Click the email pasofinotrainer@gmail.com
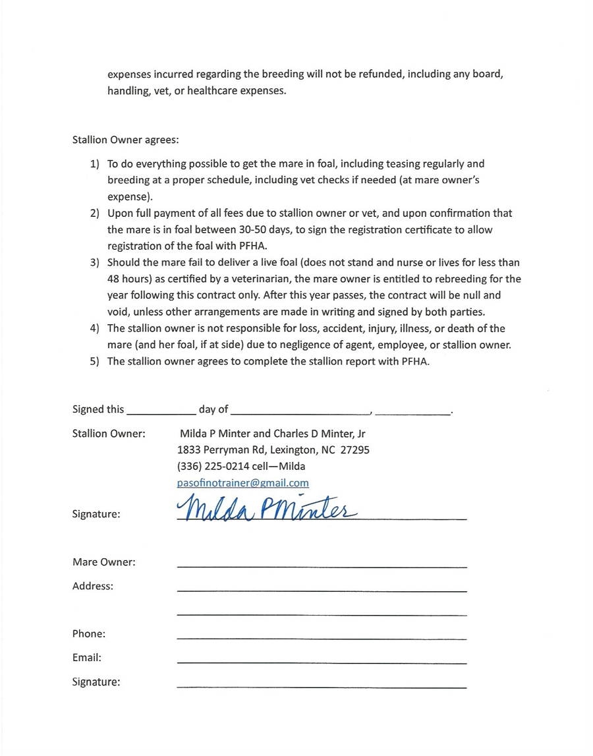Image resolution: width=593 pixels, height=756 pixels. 242,483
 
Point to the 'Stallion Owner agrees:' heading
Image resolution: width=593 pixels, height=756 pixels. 125,140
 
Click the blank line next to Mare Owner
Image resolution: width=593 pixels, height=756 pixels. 322,565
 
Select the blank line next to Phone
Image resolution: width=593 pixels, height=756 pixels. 322,637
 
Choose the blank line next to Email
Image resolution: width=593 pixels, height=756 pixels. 322,660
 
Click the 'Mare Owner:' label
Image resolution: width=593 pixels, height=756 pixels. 104,562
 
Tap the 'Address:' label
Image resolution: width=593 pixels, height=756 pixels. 93,586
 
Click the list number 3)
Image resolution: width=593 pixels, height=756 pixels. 95,262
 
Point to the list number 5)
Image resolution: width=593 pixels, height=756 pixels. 95,361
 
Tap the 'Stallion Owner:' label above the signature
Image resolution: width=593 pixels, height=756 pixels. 109,434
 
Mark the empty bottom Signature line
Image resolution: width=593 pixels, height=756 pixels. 322,686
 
